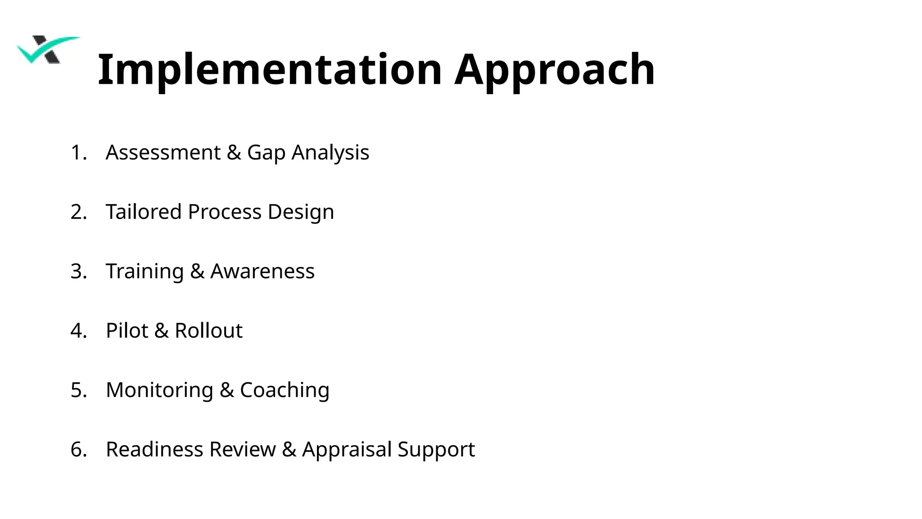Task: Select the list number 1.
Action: (x=78, y=153)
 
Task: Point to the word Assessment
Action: (x=163, y=152)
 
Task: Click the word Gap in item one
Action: (x=266, y=153)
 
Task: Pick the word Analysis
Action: (x=330, y=153)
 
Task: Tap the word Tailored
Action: (x=144, y=212)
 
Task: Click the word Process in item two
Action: (x=225, y=212)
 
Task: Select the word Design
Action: (x=301, y=212)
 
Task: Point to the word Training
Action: (x=145, y=272)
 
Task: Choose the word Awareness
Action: (x=262, y=271)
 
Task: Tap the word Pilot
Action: (x=127, y=331)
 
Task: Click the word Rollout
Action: (x=208, y=331)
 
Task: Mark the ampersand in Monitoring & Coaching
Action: (x=227, y=390)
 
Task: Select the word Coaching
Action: (x=285, y=391)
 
